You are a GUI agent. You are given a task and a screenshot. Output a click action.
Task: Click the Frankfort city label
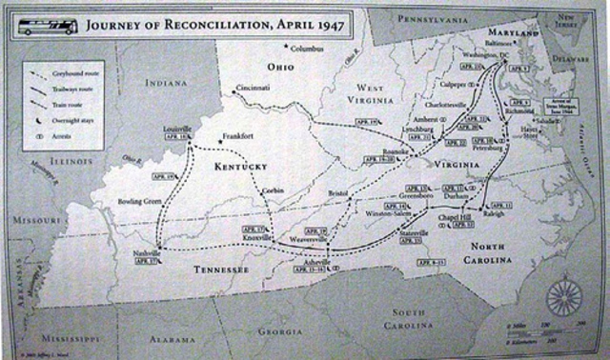(237, 137)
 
